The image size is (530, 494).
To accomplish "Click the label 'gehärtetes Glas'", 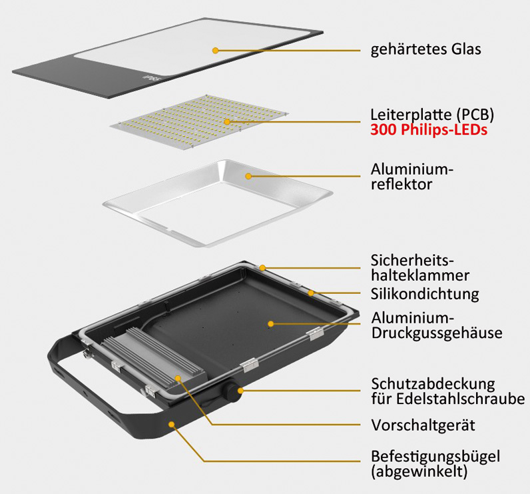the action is (425, 50).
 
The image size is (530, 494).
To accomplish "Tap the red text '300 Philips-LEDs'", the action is (429, 130).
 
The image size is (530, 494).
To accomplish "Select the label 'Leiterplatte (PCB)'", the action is (432, 115).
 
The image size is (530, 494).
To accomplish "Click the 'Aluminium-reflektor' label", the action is (411, 177).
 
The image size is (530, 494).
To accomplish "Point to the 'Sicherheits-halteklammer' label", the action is (420, 267).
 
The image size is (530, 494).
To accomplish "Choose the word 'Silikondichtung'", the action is (425, 294).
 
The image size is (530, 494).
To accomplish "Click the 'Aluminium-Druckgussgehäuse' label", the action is (436, 325).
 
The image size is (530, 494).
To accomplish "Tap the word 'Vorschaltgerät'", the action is (423, 425).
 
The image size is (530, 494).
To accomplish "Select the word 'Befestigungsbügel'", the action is (435, 456).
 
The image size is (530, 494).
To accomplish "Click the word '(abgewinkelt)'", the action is (419, 471).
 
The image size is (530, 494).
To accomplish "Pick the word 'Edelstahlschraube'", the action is (460, 399).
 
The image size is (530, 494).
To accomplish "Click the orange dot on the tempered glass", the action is (215, 51).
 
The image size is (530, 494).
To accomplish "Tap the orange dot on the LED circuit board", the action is (227, 121).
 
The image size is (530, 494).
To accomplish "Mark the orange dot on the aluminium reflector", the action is (248, 176).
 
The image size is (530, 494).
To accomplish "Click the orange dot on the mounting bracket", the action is (172, 424).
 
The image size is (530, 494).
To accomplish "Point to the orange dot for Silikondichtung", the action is (311, 293).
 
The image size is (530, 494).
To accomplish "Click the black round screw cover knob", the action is (231, 390).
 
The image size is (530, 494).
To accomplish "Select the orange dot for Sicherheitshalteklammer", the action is (262, 268).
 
